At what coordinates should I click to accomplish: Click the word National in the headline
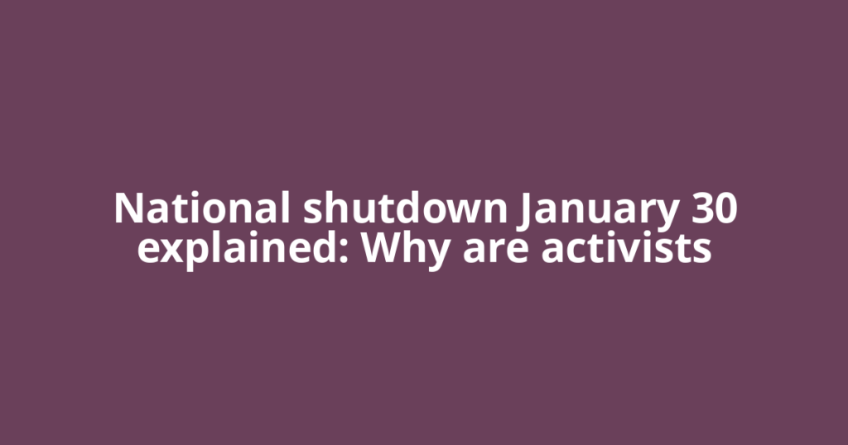click(x=201, y=208)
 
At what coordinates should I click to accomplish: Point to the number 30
click(x=711, y=208)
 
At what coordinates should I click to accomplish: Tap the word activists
click(x=627, y=247)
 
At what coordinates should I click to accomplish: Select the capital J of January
click(x=525, y=210)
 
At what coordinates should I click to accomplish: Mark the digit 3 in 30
click(x=699, y=208)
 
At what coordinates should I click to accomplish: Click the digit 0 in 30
click(x=725, y=208)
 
